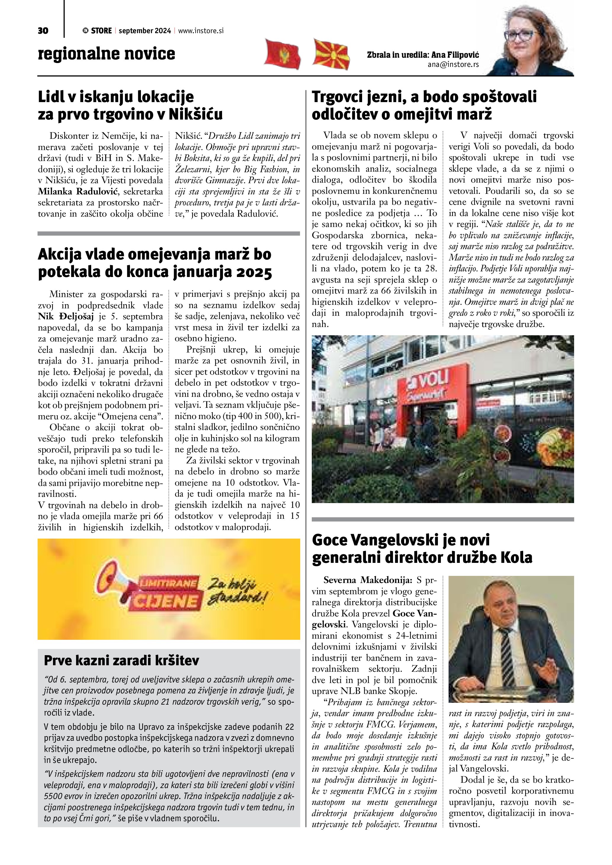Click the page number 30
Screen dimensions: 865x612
[x=43, y=31]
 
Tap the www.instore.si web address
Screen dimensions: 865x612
[x=201, y=31]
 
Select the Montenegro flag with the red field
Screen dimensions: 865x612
[x=283, y=54]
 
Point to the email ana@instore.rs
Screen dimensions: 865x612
[x=453, y=65]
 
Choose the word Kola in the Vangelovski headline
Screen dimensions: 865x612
[x=516, y=557]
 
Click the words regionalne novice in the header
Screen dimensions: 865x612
[x=107, y=54]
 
